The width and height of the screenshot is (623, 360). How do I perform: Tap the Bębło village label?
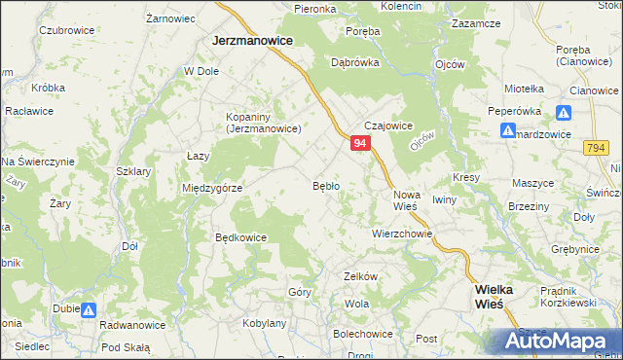click(x=325, y=185)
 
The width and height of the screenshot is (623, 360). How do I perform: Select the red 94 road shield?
click(x=360, y=143)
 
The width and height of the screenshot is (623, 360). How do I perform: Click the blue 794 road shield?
click(x=597, y=147)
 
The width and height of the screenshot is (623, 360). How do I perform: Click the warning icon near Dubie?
click(x=88, y=310)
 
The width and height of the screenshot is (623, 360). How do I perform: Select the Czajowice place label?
click(x=389, y=126)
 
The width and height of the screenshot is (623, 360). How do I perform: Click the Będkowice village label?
click(x=241, y=236)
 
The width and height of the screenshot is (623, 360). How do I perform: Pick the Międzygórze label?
click(x=211, y=188)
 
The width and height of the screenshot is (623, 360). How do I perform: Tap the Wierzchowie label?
click(x=401, y=234)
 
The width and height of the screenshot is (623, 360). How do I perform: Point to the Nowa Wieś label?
click(x=405, y=199)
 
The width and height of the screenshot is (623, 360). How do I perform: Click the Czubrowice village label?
click(x=66, y=30)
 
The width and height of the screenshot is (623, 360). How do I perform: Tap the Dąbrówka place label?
click(x=354, y=61)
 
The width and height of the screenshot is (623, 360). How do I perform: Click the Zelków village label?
click(x=360, y=276)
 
